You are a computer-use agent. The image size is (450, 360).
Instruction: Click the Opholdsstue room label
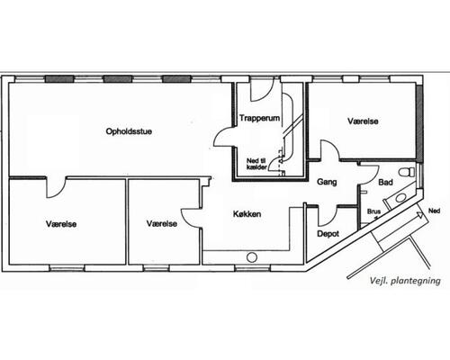click(129, 131)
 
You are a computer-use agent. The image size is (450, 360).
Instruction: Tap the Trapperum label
click(259, 118)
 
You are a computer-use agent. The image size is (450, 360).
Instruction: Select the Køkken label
click(247, 214)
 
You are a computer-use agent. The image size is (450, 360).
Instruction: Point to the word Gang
click(327, 182)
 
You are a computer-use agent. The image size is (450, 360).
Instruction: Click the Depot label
click(328, 234)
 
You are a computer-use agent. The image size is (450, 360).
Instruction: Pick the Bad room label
click(385, 182)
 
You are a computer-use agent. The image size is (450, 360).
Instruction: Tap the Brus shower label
click(373, 211)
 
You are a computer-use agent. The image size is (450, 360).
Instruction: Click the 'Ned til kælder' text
click(256, 164)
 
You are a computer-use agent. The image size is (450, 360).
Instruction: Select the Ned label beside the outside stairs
click(434, 211)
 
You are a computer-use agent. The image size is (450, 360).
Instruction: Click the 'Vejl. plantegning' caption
click(405, 281)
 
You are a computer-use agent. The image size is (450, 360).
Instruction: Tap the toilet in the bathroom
click(407, 172)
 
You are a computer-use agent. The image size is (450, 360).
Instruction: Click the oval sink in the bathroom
click(400, 198)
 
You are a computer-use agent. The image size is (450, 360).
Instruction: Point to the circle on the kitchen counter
click(252, 257)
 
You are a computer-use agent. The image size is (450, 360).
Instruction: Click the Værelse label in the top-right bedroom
click(363, 121)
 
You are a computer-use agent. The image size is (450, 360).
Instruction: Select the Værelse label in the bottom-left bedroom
click(61, 224)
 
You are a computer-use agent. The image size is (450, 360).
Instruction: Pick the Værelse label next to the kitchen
click(162, 223)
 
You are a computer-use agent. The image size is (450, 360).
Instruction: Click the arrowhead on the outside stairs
click(419, 214)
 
